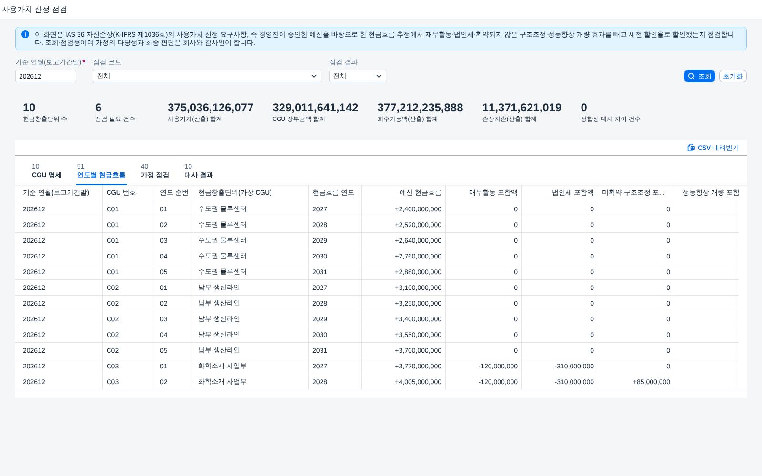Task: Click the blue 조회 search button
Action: coord(699,76)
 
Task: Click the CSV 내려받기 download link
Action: coord(713,148)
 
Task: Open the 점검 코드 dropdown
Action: coord(207,76)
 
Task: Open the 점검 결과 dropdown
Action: coord(357,76)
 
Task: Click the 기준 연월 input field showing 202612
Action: coord(46,76)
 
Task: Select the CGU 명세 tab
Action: coord(47,171)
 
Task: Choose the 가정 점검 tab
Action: coord(155,171)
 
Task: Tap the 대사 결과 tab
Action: coord(199,171)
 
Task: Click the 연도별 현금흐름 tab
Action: coord(101,171)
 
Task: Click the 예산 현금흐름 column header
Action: coord(420,193)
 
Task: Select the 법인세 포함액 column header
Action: coord(572,193)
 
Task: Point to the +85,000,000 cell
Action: coord(651,382)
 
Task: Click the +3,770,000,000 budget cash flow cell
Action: coord(418,366)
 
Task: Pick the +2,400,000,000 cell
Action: coord(418,209)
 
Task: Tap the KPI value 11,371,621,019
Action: coord(521,108)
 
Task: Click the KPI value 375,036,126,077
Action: coord(210,108)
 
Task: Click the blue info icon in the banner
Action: coord(25,34)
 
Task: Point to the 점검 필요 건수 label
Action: coord(115,119)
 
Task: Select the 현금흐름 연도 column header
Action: coord(333,193)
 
